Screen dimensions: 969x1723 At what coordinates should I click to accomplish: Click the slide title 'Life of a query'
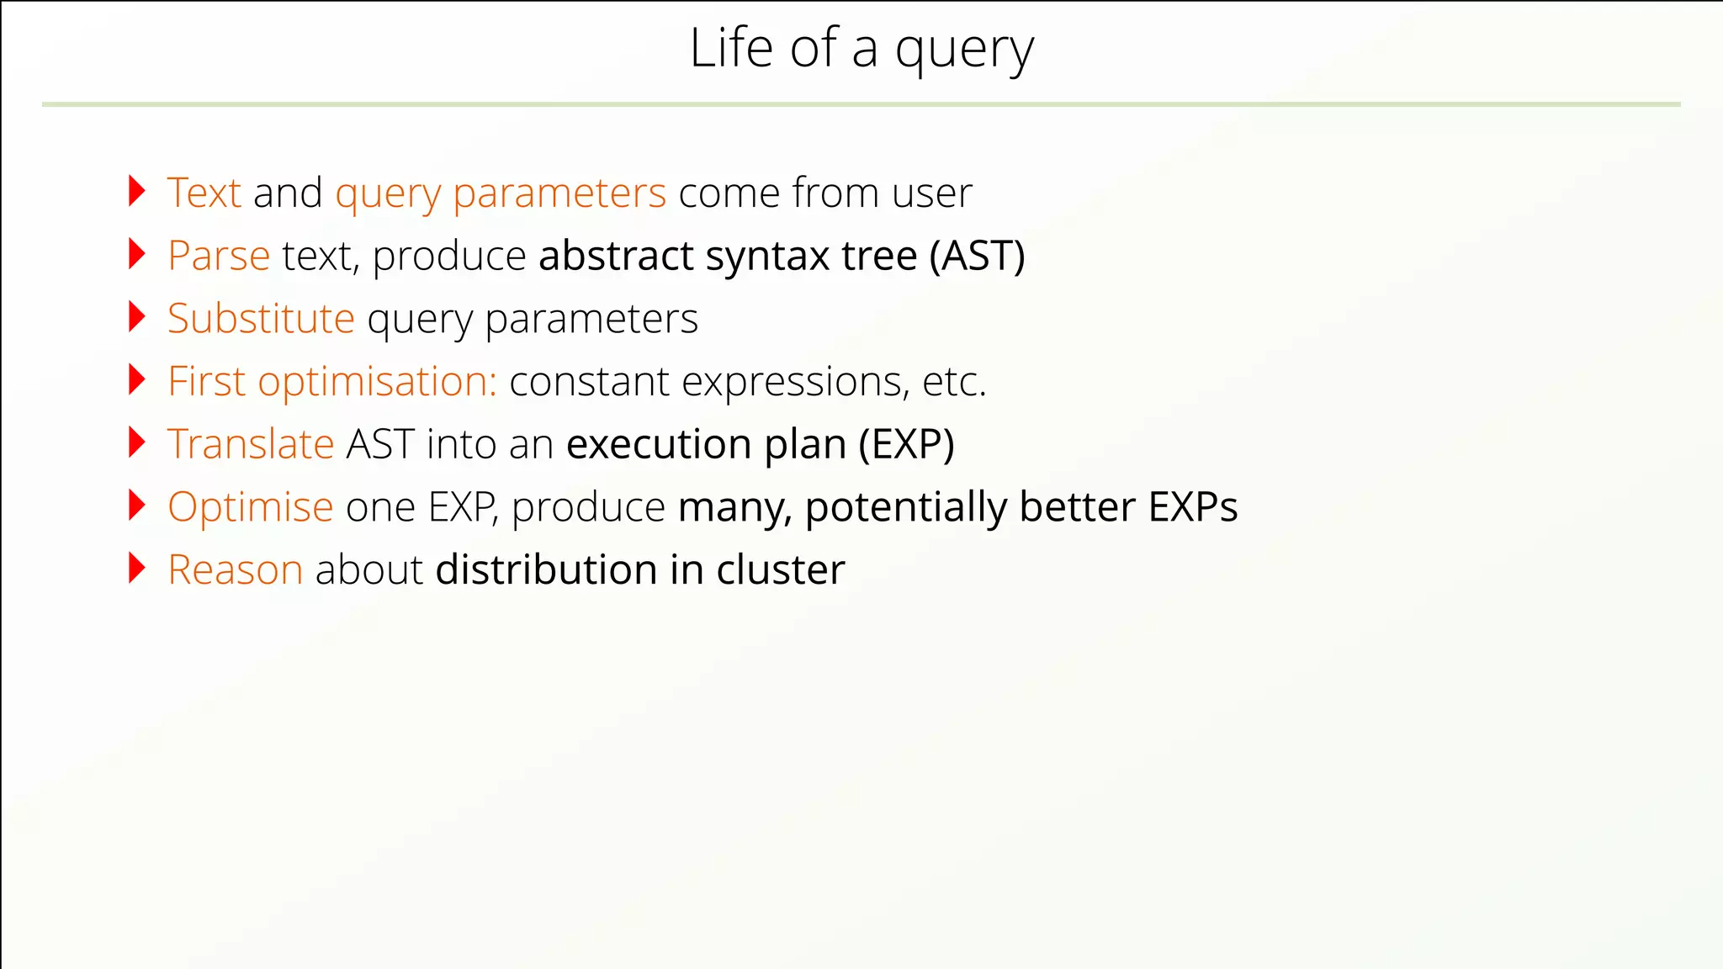coord(861,49)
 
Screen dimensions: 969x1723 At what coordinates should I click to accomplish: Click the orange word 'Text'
coord(204,193)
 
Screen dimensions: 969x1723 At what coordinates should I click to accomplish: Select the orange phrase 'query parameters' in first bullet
coord(501,194)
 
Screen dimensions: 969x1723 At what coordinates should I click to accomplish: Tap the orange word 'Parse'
coord(219,256)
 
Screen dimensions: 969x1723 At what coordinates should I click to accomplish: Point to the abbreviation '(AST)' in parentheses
coord(977,256)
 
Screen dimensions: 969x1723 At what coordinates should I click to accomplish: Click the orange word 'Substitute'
coord(261,319)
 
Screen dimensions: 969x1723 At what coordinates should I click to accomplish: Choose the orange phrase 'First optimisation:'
coord(332,382)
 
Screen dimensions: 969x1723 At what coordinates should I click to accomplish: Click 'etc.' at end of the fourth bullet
coord(954,382)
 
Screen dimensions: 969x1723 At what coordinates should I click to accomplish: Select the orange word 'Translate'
coord(251,444)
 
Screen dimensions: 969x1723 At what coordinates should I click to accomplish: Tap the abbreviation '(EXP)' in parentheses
coord(907,444)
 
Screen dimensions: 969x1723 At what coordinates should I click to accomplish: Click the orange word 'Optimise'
coord(251,507)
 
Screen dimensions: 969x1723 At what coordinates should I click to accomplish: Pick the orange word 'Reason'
coord(235,570)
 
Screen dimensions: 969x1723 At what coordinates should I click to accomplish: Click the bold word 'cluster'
coord(780,570)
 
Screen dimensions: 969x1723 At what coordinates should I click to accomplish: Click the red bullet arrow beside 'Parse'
coord(137,254)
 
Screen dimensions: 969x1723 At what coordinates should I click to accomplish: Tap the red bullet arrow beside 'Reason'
coord(137,569)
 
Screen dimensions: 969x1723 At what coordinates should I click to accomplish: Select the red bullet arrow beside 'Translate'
coord(137,442)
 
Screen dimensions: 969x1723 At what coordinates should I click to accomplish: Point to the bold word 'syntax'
coord(767,257)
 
